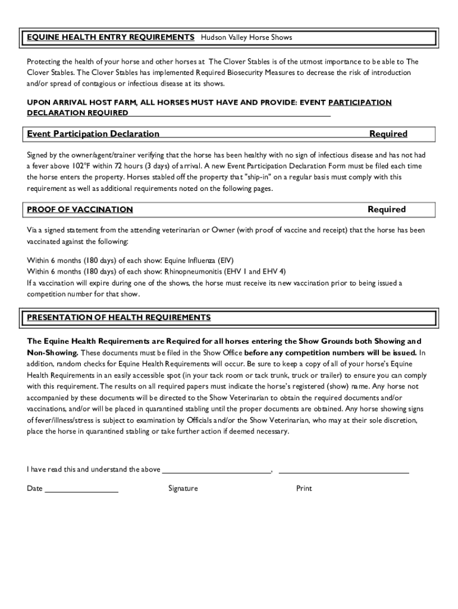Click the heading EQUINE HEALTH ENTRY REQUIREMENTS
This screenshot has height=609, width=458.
point(111,37)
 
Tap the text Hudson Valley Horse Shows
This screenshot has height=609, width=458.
point(246,37)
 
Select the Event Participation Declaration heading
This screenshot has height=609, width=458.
point(93,134)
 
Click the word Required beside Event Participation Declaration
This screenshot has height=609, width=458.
point(388,134)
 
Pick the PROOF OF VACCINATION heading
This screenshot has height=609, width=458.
point(80,209)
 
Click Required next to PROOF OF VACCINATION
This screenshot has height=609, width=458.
point(387,209)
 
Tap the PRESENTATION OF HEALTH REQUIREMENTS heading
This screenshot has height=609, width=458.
point(119,317)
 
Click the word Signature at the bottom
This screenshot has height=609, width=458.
point(183,489)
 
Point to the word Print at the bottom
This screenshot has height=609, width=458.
point(304,489)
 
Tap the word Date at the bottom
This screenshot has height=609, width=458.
point(34,489)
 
